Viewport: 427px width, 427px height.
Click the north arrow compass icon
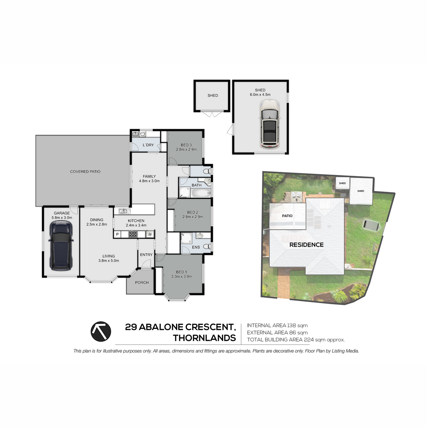tap(101, 332)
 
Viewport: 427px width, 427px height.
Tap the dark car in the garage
tap(61, 245)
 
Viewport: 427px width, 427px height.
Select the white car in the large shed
tap(269, 123)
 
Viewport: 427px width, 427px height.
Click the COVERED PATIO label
tap(85, 172)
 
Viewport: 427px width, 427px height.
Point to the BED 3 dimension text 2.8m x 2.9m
tap(186, 149)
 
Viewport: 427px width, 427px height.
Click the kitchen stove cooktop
tap(133, 234)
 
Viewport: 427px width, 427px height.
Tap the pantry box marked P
tap(117, 234)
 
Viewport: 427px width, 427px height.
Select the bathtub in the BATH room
tap(201, 193)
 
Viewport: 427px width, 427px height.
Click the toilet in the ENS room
tap(207, 246)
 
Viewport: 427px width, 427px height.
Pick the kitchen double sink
tap(122, 211)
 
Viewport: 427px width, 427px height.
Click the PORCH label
tap(142, 283)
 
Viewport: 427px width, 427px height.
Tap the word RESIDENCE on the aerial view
tap(306, 245)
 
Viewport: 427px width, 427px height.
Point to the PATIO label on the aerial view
tap(287, 216)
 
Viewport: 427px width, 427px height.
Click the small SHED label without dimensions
tap(213, 95)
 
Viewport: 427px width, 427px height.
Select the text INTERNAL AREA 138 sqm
tap(277, 326)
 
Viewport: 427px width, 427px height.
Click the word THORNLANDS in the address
tap(204, 338)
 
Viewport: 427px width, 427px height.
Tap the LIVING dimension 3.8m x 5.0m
tap(109, 260)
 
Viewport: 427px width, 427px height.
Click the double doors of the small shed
tap(212, 114)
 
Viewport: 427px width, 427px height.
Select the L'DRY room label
tap(148, 145)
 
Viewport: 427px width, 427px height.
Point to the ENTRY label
tap(146, 255)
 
